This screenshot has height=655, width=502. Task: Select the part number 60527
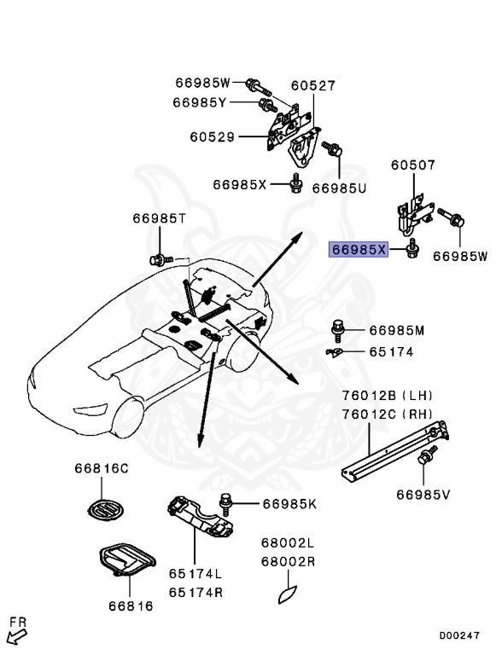tap(312, 86)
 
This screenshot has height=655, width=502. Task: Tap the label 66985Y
tap(200, 102)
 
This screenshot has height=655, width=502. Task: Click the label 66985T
tap(159, 218)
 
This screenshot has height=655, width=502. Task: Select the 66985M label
tap(397, 330)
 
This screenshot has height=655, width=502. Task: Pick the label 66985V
tap(424, 493)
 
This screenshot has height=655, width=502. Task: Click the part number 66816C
tap(101, 468)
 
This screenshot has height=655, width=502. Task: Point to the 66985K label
tap(289, 504)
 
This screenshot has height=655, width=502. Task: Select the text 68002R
tap(288, 562)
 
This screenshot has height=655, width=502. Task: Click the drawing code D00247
tap(460, 635)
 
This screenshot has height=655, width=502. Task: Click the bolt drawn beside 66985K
tap(228, 503)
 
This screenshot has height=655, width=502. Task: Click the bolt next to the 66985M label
tap(338, 327)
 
